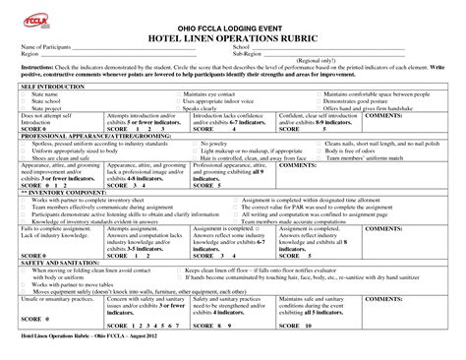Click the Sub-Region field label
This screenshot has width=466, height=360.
point(247,54)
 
